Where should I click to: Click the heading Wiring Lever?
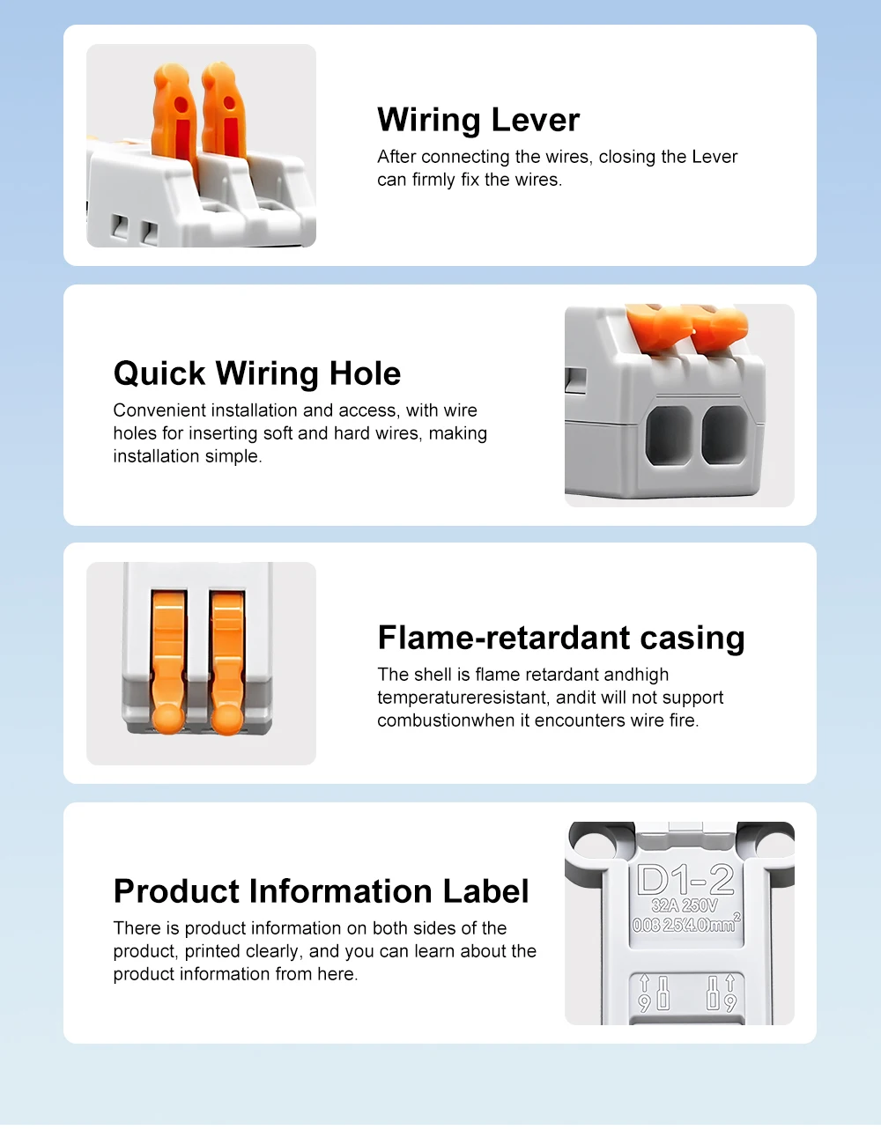click(x=478, y=120)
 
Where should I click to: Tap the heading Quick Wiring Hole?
click(x=257, y=373)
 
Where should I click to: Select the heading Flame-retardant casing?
click(x=561, y=638)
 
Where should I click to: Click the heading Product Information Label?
click(x=321, y=891)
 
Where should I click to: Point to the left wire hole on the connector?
click(x=669, y=435)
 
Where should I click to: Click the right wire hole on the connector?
click(x=724, y=435)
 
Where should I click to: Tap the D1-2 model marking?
click(x=685, y=881)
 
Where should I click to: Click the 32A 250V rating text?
click(x=685, y=906)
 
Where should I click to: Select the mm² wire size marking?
click(x=686, y=925)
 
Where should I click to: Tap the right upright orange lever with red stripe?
click(x=224, y=112)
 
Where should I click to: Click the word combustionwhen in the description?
click(x=453, y=720)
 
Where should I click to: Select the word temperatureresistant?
click(x=463, y=698)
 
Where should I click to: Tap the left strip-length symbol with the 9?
click(x=654, y=993)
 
